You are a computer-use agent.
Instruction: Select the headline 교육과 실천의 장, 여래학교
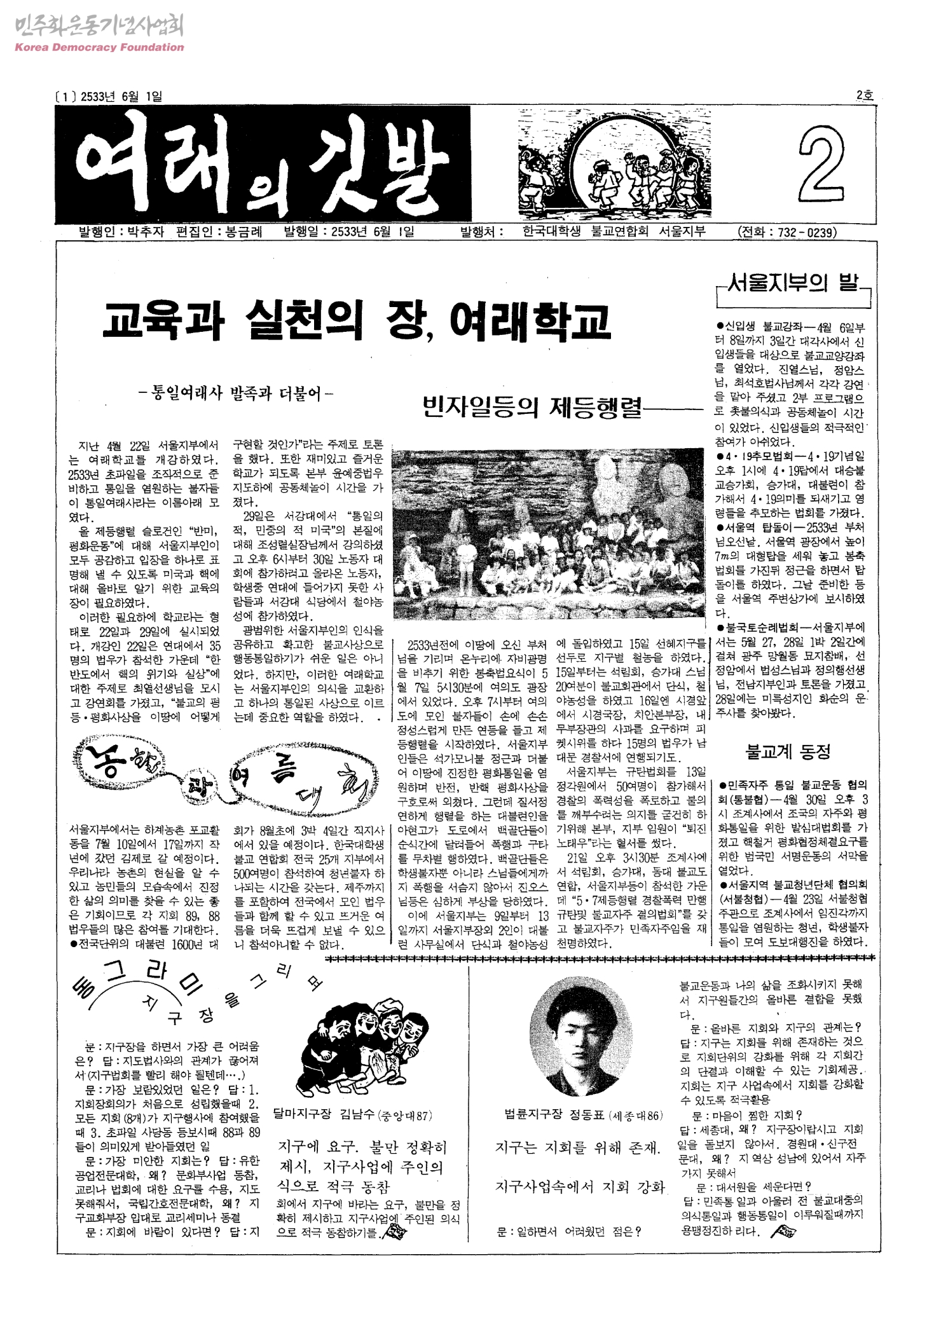(356, 321)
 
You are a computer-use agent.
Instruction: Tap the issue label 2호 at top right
(865, 95)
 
